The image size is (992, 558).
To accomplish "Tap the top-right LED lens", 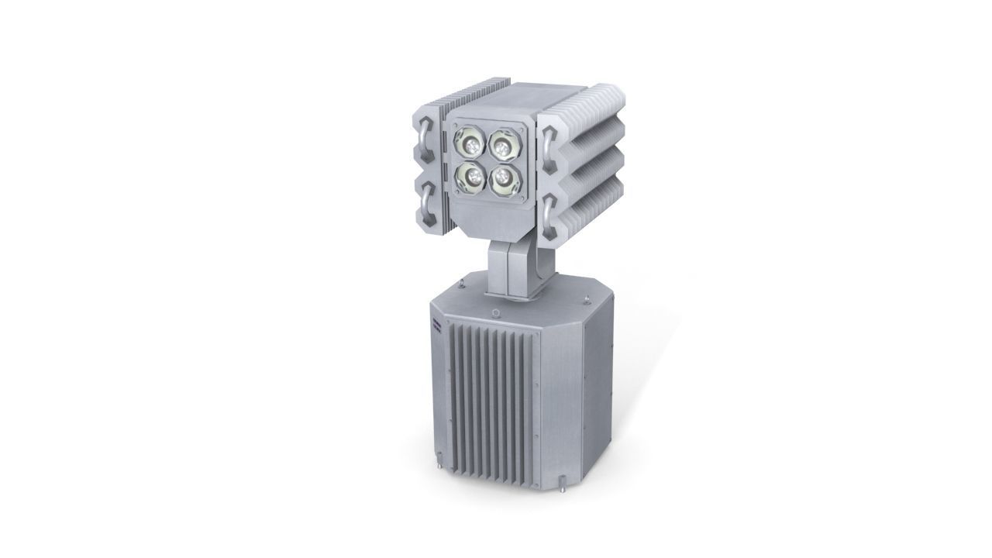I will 503,144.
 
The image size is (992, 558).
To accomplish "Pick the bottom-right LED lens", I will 503,177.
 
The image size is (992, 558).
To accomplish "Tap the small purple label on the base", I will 435,325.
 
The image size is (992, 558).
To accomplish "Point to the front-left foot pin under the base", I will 438,468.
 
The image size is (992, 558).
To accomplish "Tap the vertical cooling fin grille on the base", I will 492,395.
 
